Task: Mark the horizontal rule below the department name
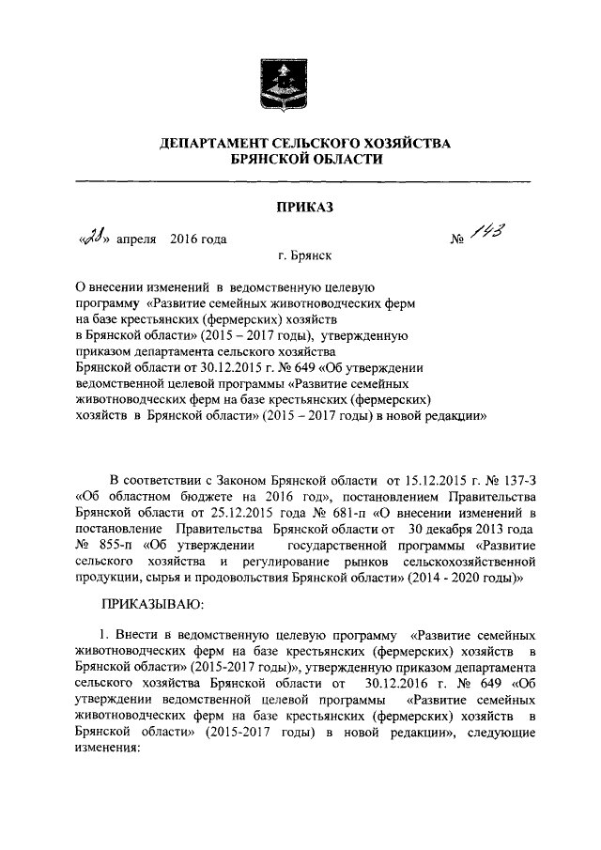click(300, 179)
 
